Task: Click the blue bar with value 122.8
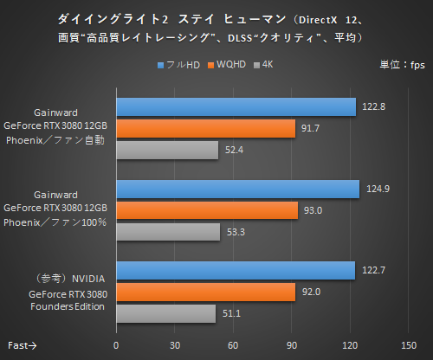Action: (x=236, y=106)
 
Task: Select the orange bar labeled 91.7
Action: (x=206, y=129)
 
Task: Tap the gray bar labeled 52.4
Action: (x=167, y=151)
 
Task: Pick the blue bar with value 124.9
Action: (x=238, y=190)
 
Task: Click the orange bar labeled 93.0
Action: (x=207, y=211)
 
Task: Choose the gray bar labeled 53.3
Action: (x=168, y=233)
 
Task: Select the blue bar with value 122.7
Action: (x=236, y=271)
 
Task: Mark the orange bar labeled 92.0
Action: (x=206, y=292)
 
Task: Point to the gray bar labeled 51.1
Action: (x=166, y=314)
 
